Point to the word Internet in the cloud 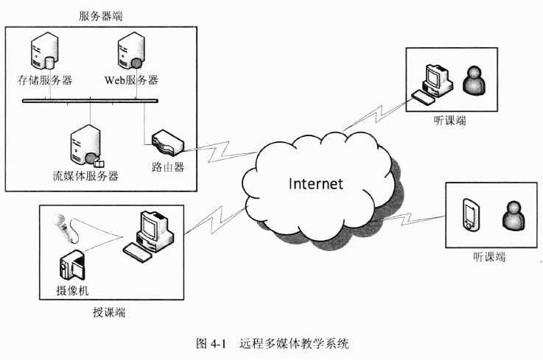(x=315, y=183)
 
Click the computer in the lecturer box (x=151, y=235)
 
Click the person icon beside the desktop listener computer (x=474, y=80)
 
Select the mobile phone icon (x=469, y=213)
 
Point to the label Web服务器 (x=131, y=80)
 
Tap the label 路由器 (x=167, y=167)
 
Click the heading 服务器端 (x=101, y=15)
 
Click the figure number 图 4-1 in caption (x=209, y=343)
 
